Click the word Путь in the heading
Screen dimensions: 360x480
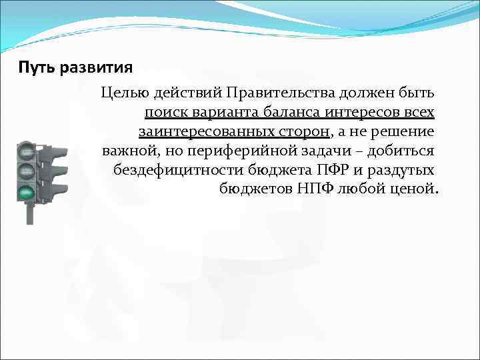37,68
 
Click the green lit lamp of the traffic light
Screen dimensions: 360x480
27,193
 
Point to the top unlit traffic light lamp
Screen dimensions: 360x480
27,149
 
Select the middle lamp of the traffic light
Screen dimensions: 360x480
27,171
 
